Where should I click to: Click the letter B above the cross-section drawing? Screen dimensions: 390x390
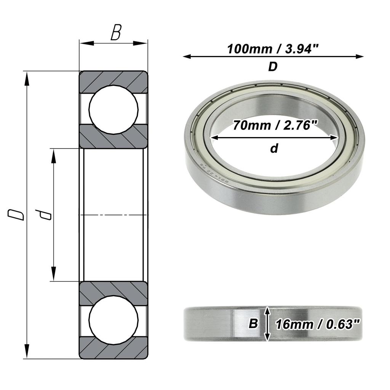tap(116, 33)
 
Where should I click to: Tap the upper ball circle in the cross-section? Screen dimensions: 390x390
tap(113, 109)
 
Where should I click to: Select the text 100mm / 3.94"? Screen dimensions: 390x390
tap(273, 49)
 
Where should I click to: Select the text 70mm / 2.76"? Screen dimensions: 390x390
tap(275, 125)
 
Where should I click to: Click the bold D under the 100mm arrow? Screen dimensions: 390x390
tap(273, 67)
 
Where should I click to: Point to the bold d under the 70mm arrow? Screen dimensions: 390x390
tap(274, 149)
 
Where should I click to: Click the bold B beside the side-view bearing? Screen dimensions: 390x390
tap(253, 324)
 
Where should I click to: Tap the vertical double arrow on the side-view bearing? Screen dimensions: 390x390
tap(268, 324)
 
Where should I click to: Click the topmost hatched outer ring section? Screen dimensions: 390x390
tap(113, 79)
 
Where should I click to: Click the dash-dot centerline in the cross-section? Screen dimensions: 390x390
tap(113, 216)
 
